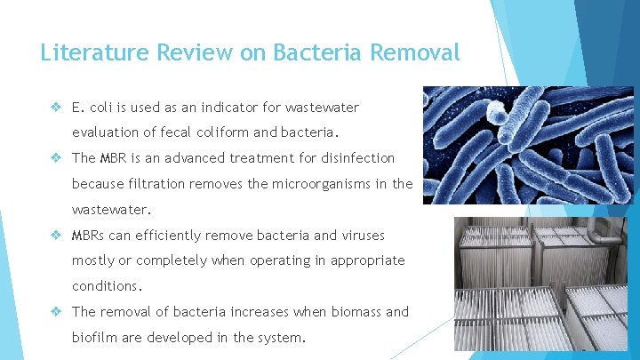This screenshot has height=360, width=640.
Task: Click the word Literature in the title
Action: tap(95, 52)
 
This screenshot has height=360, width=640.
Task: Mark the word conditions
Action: tap(105, 286)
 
